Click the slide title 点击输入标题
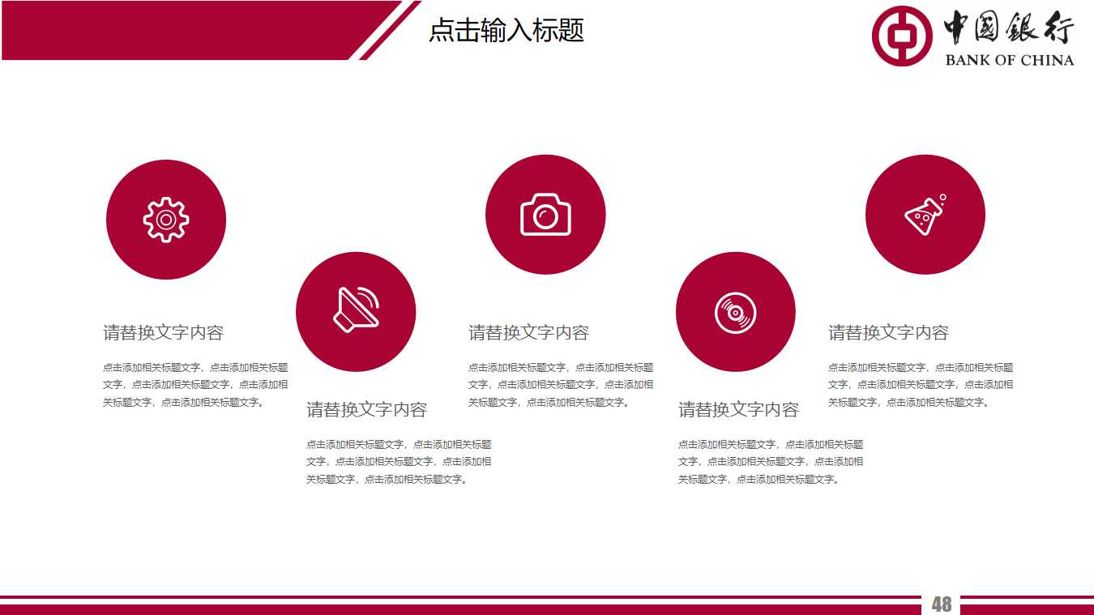[506, 31]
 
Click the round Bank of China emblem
[902, 36]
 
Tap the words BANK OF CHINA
[1009, 60]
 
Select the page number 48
[941, 604]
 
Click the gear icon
[166, 219]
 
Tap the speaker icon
[356, 310]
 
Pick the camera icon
[545, 215]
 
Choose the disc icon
[735, 312]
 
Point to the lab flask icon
[925, 215]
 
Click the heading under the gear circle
[163, 332]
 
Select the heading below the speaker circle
[366, 409]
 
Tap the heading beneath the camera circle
[528, 332]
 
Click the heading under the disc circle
[738, 409]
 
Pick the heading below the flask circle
[888, 332]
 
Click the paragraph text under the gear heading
[194, 385]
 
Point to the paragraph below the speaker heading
[398, 462]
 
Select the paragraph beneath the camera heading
[560, 385]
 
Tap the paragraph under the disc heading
[770, 462]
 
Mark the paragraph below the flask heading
[920, 385]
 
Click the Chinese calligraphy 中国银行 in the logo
[1008, 30]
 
